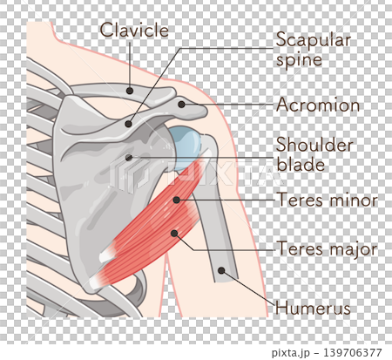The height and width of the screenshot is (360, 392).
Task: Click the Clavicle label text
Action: (134, 30)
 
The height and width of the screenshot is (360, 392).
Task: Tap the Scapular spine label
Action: (314, 50)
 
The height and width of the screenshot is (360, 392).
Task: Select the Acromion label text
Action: (318, 105)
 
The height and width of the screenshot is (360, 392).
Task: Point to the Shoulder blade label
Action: (314, 154)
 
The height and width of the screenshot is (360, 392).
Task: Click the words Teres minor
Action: (328, 200)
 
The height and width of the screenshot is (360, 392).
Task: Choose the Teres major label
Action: (328, 248)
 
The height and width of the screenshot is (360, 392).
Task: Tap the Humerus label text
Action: (313, 308)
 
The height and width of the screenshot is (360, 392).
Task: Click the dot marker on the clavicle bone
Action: (130, 91)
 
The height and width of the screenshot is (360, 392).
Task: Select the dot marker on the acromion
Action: (181, 105)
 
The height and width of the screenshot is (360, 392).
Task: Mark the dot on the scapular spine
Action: (128, 124)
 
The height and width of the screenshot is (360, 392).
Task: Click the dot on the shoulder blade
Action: (129, 158)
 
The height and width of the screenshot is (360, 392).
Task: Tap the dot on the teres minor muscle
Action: (176, 200)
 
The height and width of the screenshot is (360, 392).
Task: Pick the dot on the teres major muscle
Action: (174, 233)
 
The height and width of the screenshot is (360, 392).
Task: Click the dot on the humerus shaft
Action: (221, 270)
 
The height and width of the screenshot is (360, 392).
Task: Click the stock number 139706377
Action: (353, 353)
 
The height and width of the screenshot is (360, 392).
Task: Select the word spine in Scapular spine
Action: (299, 61)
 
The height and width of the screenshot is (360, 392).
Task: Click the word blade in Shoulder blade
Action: (301, 165)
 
